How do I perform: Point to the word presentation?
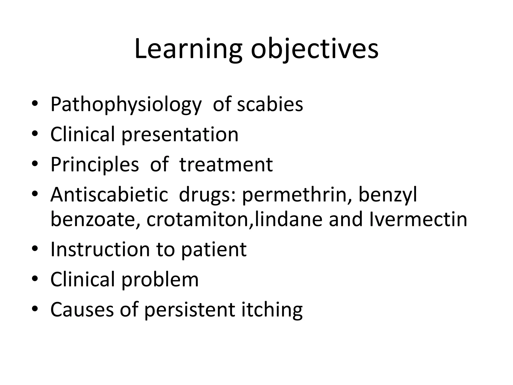(x=180, y=135)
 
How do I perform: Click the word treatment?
(x=226, y=165)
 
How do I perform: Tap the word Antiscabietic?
(x=109, y=195)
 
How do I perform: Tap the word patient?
(x=214, y=250)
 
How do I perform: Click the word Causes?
(x=82, y=310)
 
